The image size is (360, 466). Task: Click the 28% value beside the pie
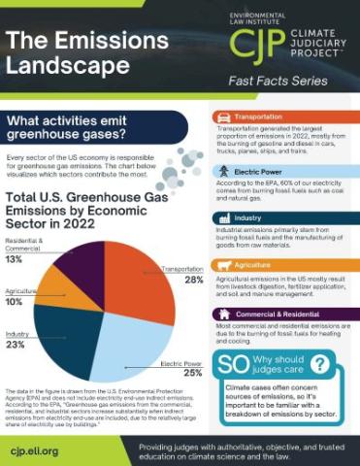click(x=193, y=280)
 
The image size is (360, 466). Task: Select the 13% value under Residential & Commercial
click(x=15, y=259)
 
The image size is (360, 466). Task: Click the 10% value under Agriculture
click(x=15, y=302)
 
